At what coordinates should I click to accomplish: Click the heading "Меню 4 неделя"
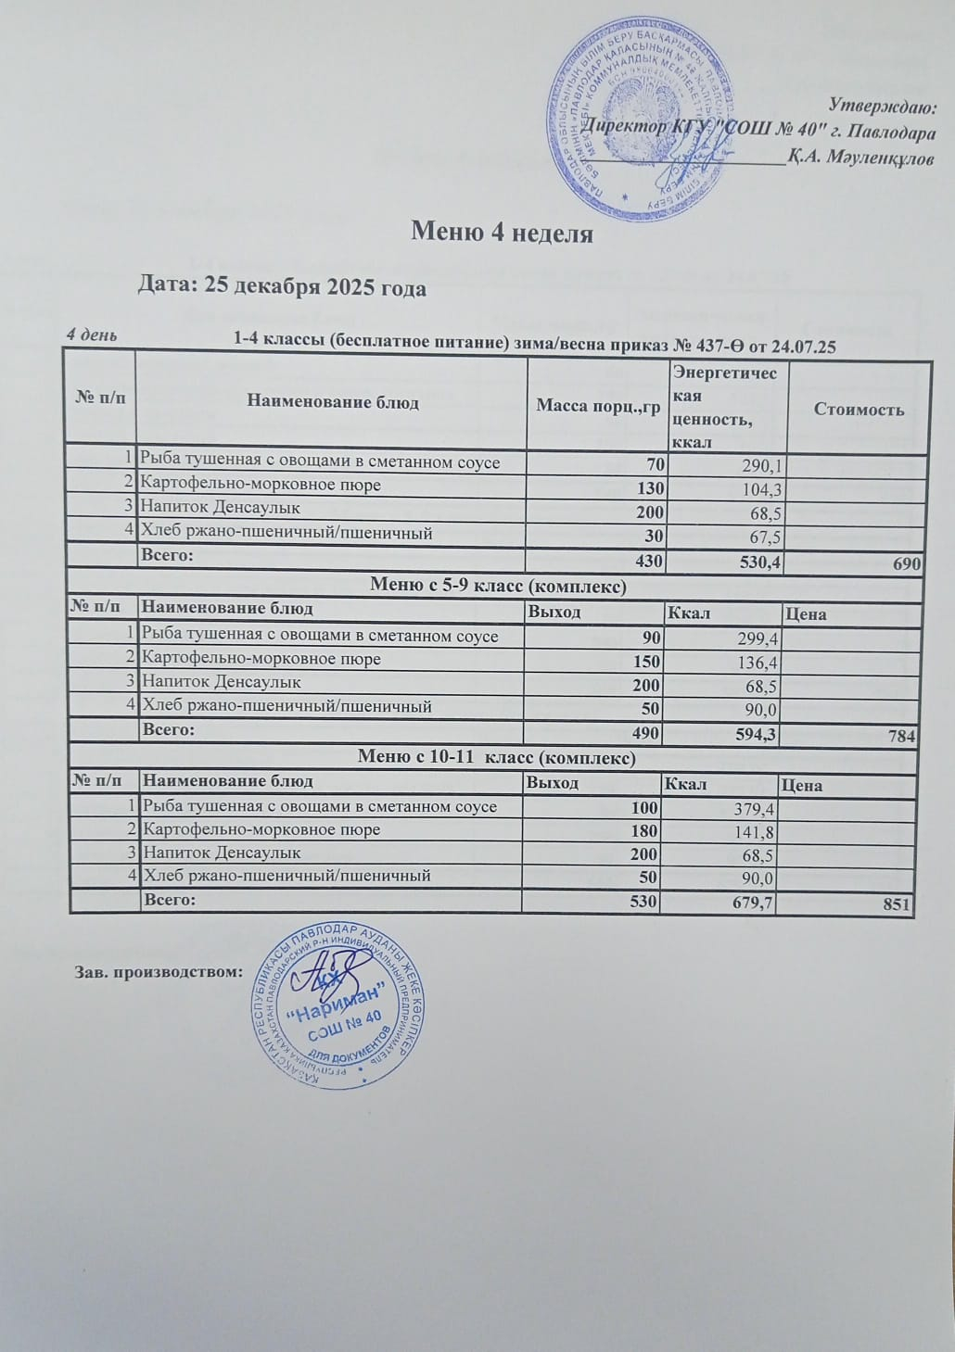[502, 233]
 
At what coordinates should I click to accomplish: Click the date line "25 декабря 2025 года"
[282, 287]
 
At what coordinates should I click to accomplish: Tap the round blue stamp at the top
[643, 118]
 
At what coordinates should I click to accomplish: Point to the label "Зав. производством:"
[158, 972]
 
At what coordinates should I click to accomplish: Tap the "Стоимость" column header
[859, 409]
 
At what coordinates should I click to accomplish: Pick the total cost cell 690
[906, 563]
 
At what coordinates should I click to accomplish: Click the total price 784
[901, 737]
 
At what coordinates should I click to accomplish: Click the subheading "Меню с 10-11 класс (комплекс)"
[496, 758]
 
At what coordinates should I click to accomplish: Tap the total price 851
[897, 905]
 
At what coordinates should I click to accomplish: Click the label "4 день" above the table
[91, 335]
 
